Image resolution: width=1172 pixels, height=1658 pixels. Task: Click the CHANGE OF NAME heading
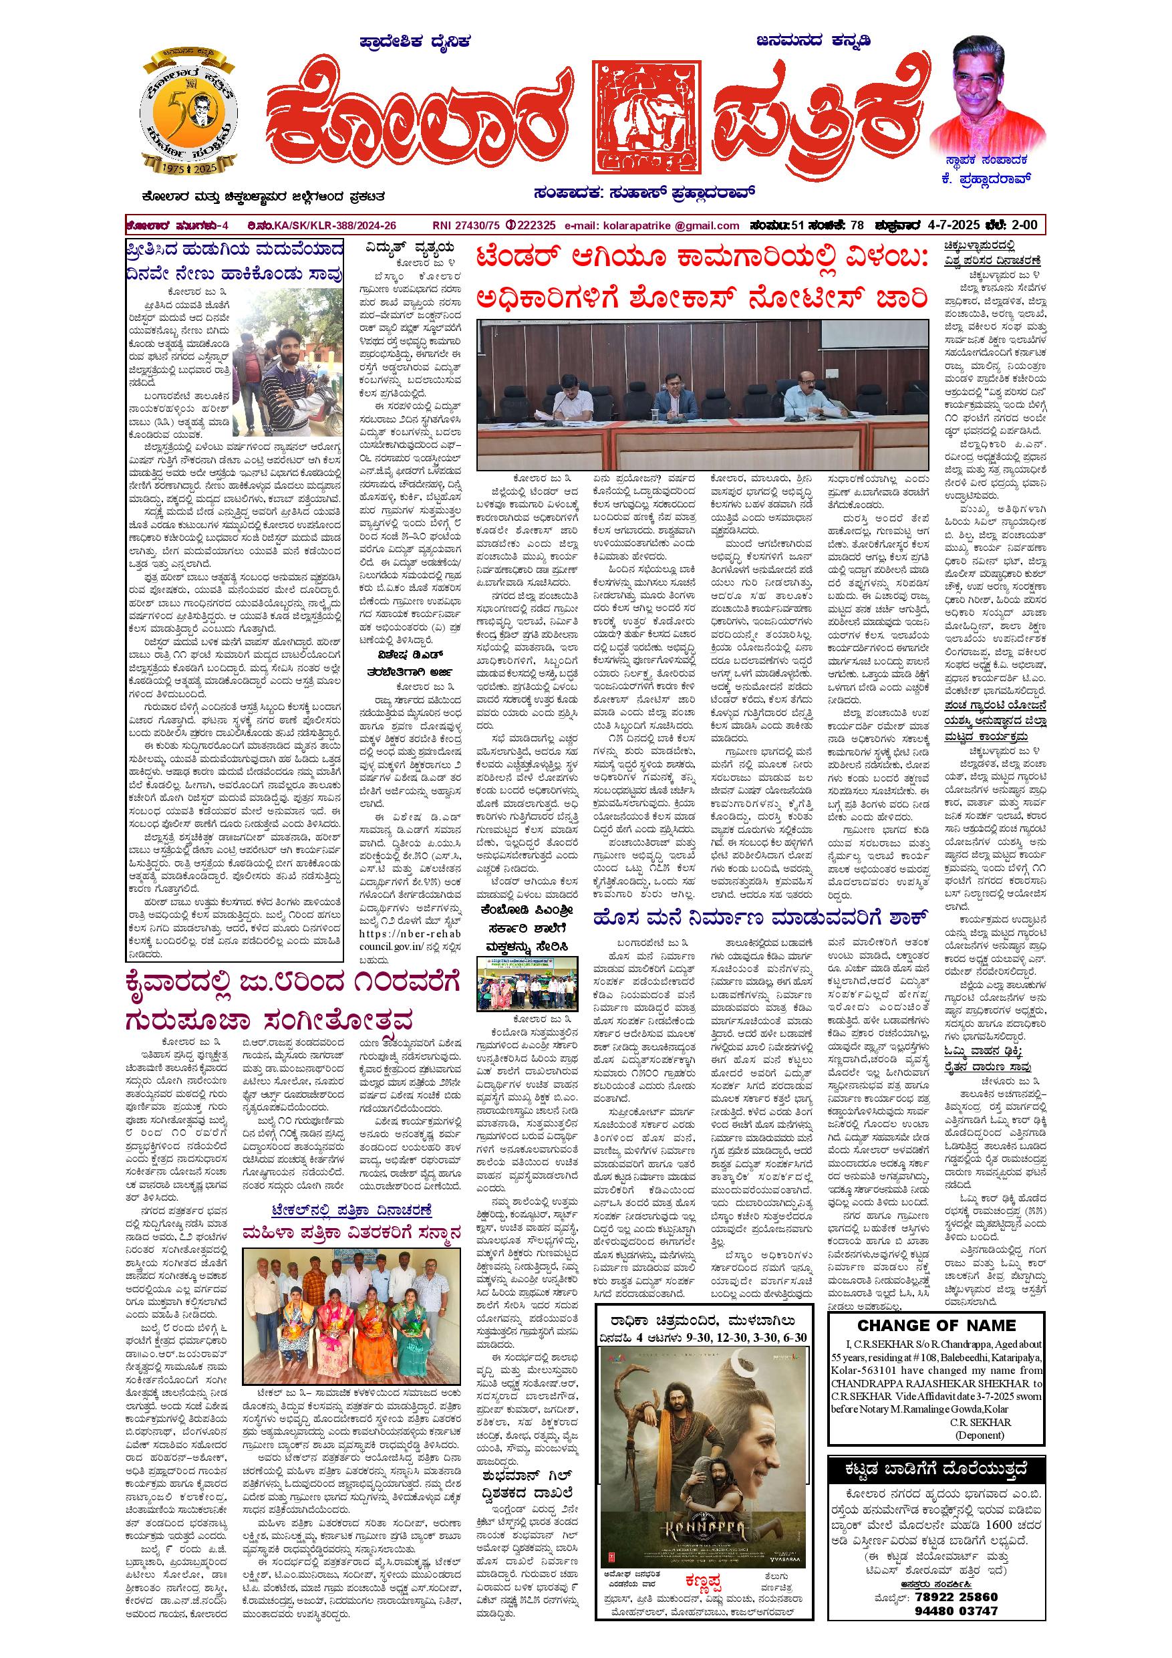pyautogui.click(x=936, y=1325)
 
